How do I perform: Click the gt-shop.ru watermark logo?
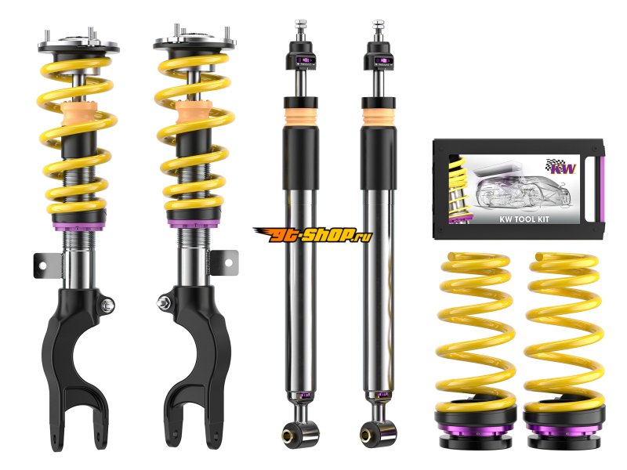pyautogui.click(x=313, y=234)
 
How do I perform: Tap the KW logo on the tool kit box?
pyautogui.click(x=561, y=167)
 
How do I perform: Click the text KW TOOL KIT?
pyautogui.click(x=524, y=219)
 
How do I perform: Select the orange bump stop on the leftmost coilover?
pyautogui.click(x=79, y=114)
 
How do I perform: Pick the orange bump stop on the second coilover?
pyautogui.click(x=194, y=112)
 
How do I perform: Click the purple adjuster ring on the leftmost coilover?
pyautogui.click(x=79, y=226)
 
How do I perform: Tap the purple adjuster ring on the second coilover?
pyautogui.click(x=194, y=224)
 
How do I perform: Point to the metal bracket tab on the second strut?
pyautogui.click(x=224, y=262)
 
